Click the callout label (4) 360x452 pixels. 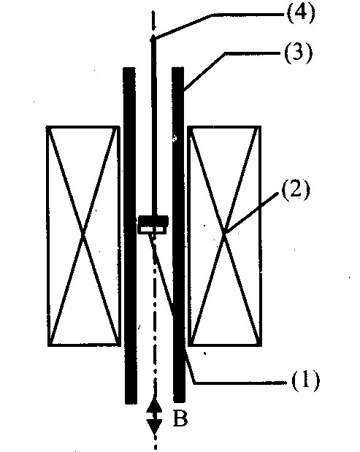tap(301, 13)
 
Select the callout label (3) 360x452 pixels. tap(299, 53)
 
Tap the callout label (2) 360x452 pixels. tap(296, 190)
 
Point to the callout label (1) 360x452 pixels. tap(306, 380)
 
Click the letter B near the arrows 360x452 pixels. tap(180, 418)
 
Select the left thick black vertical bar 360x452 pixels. tap(130, 235)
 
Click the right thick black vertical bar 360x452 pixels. tap(179, 234)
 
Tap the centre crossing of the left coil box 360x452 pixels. tap(83, 236)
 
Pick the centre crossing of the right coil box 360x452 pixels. tap(225, 234)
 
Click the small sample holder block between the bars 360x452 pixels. tap(153, 225)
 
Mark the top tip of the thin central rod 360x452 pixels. tap(153, 37)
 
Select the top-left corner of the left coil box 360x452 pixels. tap(47, 126)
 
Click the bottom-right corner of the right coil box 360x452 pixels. tap(261, 345)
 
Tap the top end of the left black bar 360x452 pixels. tap(129, 68)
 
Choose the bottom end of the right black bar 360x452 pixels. tap(180, 402)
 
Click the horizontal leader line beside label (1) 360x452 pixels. tap(241, 383)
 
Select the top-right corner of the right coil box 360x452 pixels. tap(261, 126)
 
